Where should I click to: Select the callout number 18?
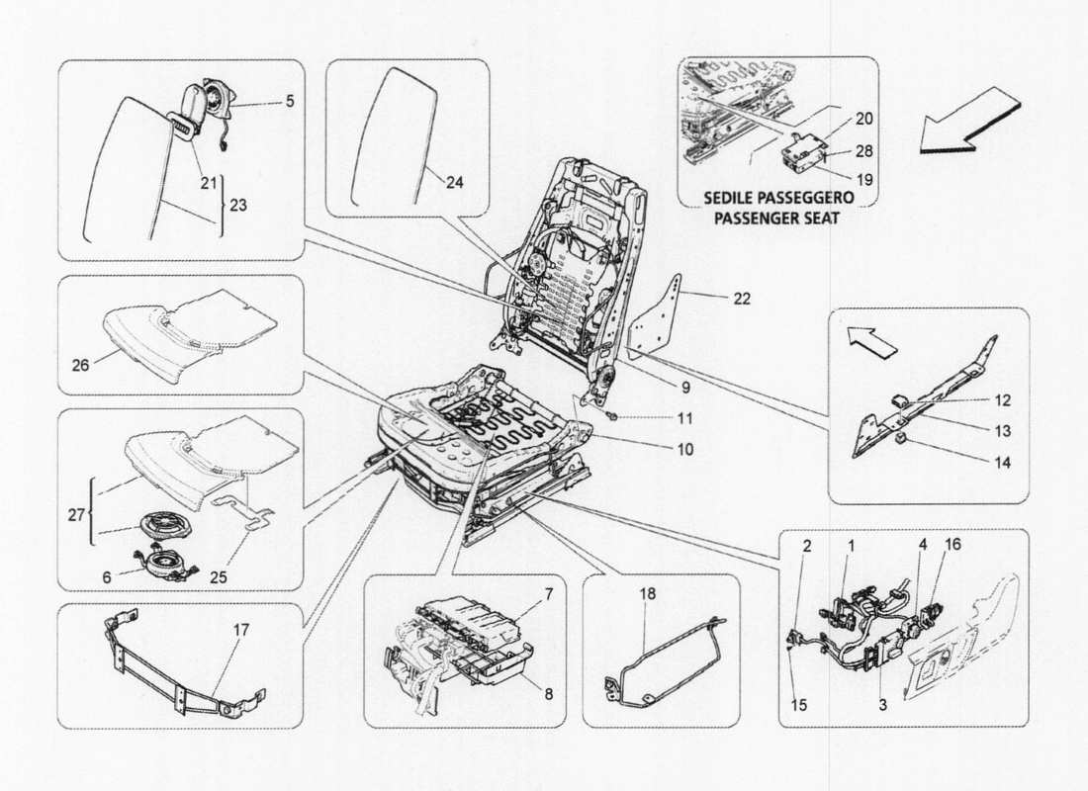coord(647,593)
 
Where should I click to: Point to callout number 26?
coord(81,365)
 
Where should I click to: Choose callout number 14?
coord(1003,463)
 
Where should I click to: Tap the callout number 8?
coord(547,694)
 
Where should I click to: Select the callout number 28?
coord(864,151)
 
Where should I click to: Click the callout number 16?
coord(952,544)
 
